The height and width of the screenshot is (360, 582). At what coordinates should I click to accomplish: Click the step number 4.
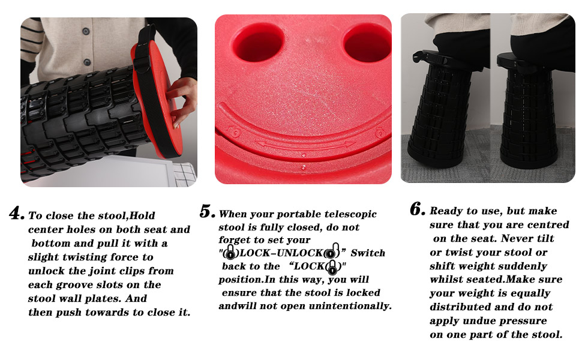point(17,214)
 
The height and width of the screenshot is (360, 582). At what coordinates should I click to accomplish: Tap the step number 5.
point(207,212)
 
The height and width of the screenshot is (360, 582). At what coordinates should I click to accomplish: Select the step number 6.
point(418,209)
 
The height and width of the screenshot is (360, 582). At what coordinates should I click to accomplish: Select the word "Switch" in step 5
point(368,253)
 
